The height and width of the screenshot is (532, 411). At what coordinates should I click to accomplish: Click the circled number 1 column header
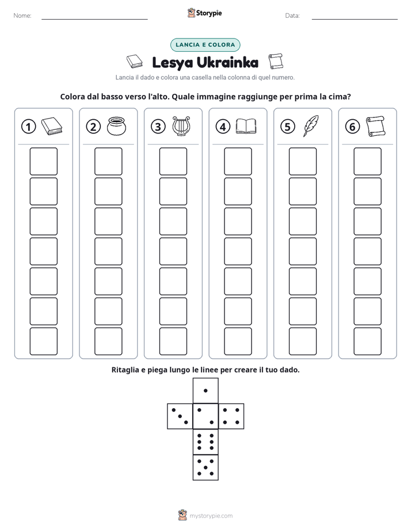(x=28, y=127)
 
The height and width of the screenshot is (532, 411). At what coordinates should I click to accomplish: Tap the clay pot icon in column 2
(x=116, y=126)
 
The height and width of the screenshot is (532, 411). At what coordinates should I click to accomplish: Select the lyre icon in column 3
(x=181, y=126)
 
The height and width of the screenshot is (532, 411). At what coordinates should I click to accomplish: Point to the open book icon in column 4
(x=246, y=126)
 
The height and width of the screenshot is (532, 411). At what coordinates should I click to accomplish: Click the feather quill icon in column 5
(x=311, y=126)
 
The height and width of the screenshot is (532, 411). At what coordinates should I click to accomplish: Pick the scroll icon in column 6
(x=375, y=126)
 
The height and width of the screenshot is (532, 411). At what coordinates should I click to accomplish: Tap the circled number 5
(x=288, y=127)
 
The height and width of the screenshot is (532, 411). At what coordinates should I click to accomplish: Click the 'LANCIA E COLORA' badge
(x=205, y=45)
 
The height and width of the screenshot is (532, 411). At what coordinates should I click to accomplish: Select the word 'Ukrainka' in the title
(x=227, y=63)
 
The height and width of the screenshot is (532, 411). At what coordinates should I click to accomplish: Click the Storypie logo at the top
(x=204, y=13)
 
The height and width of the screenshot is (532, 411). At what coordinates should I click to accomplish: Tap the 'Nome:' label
(x=22, y=16)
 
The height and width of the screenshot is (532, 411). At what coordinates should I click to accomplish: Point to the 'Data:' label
(x=292, y=16)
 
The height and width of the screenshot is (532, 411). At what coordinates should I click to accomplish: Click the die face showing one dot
(x=205, y=390)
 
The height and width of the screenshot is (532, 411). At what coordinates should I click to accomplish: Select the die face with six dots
(x=205, y=442)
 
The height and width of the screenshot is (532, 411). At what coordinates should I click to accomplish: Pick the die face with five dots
(x=205, y=468)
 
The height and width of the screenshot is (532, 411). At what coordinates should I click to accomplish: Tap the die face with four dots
(x=231, y=416)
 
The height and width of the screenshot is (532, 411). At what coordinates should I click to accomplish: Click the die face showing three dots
(x=180, y=416)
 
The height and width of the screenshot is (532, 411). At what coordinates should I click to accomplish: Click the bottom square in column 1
(x=43, y=341)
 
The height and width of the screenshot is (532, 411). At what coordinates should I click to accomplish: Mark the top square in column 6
(x=367, y=161)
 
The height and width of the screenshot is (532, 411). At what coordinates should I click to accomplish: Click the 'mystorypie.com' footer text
(x=211, y=516)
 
